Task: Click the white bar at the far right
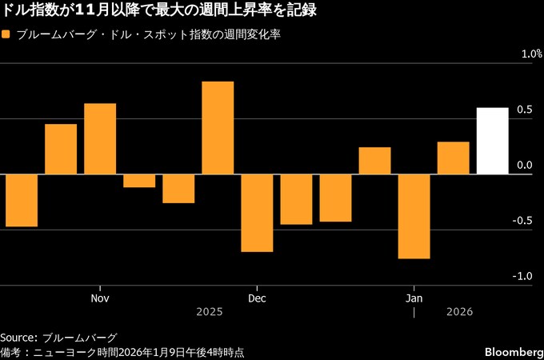492,141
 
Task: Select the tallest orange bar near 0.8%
218,128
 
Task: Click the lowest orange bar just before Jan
414,216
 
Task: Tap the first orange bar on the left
22,200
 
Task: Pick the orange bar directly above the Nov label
100,138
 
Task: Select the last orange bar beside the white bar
453,158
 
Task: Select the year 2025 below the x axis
209,313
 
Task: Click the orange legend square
6,35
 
